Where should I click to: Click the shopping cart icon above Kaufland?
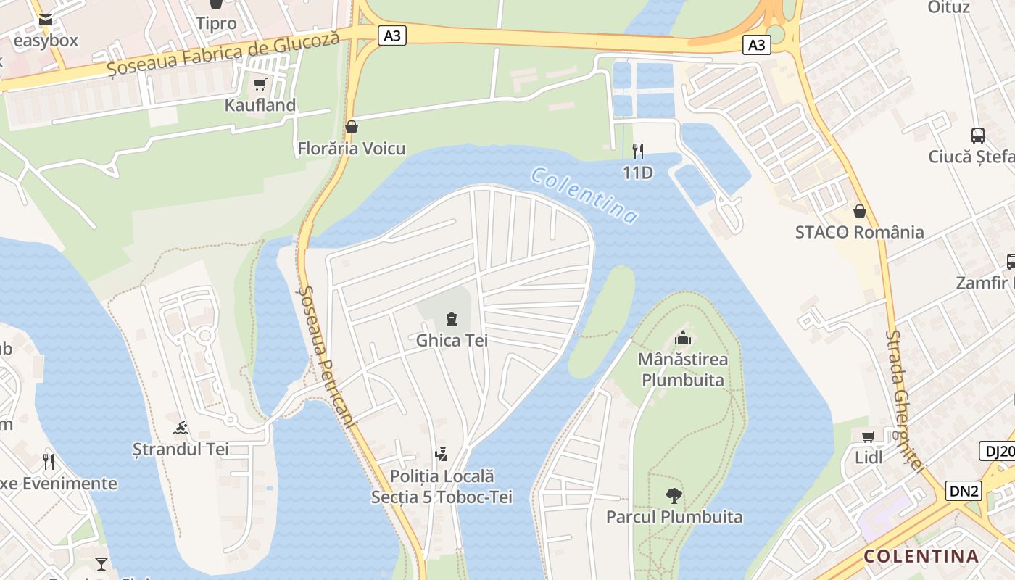pyautogui.click(x=260, y=85)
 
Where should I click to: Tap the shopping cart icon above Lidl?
pyautogui.click(x=868, y=436)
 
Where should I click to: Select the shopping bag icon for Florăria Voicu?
pyautogui.click(x=352, y=127)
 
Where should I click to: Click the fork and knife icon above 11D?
pyautogui.click(x=638, y=151)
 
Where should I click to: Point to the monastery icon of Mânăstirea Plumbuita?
pyautogui.click(x=683, y=338)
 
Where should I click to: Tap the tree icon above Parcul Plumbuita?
pyautogui.click(x=674, y=496)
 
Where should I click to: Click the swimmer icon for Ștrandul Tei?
pyautogui.click(x=181, y=428)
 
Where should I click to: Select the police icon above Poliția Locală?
pyautogui.click(x=441, y=455)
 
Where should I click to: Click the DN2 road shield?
pyautogui.click(x=964, y=491)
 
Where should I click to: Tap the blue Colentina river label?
pyautogui.click(x=584, y=194)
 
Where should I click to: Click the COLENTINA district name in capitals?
pyautogui.click(x=921, y=556)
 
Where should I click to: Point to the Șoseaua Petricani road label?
pyautogui.click(x=326, y=355)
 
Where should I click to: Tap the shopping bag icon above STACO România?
pyautogui.click(x=859, y=211)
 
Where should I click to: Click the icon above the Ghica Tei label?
pyautogui.click(x=452, y=318)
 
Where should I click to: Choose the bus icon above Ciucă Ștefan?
pyautogui.click(x=978, y=135)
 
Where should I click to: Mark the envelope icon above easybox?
pyautogui.click(x=46, y=20)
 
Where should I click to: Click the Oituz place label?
pyautogui.click(x=949, y=7)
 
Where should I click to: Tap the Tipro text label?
pyautogui.click(x=216, y=23)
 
